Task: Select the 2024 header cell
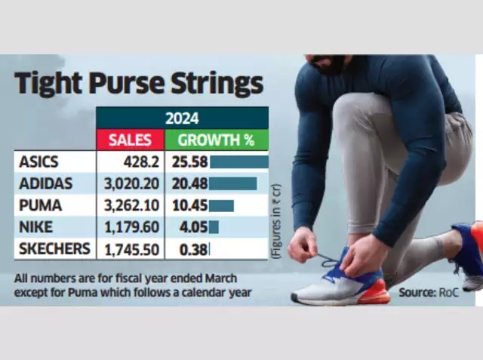182,118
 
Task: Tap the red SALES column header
130,140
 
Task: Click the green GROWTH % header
217,140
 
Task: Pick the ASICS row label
38,162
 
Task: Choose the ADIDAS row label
45,183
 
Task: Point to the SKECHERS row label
54,248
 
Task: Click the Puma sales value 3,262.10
132,205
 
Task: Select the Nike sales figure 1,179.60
132,227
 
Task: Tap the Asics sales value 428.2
141,162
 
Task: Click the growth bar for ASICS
239,162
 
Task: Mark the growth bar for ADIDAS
233,183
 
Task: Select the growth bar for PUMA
221,206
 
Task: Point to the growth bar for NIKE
214,227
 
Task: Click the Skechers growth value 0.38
193,250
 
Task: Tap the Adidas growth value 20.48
189,184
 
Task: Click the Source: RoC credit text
429,292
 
